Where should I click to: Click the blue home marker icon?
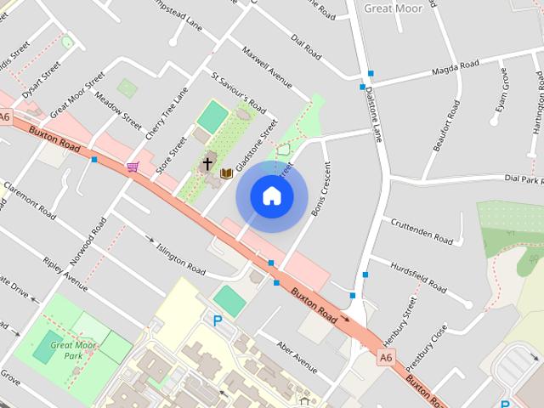(272, 196)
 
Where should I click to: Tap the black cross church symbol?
(207, 162)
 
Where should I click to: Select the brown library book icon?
(226, 173)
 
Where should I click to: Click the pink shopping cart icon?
(133, 167)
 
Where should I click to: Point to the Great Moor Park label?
(74, 350)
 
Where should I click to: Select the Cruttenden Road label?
(422, 229)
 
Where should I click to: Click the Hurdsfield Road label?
(418, 277)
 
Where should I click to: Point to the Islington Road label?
(181, 259)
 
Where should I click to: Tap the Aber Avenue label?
(297, 357)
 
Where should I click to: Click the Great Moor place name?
(393, 8)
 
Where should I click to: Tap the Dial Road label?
(307, 48)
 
